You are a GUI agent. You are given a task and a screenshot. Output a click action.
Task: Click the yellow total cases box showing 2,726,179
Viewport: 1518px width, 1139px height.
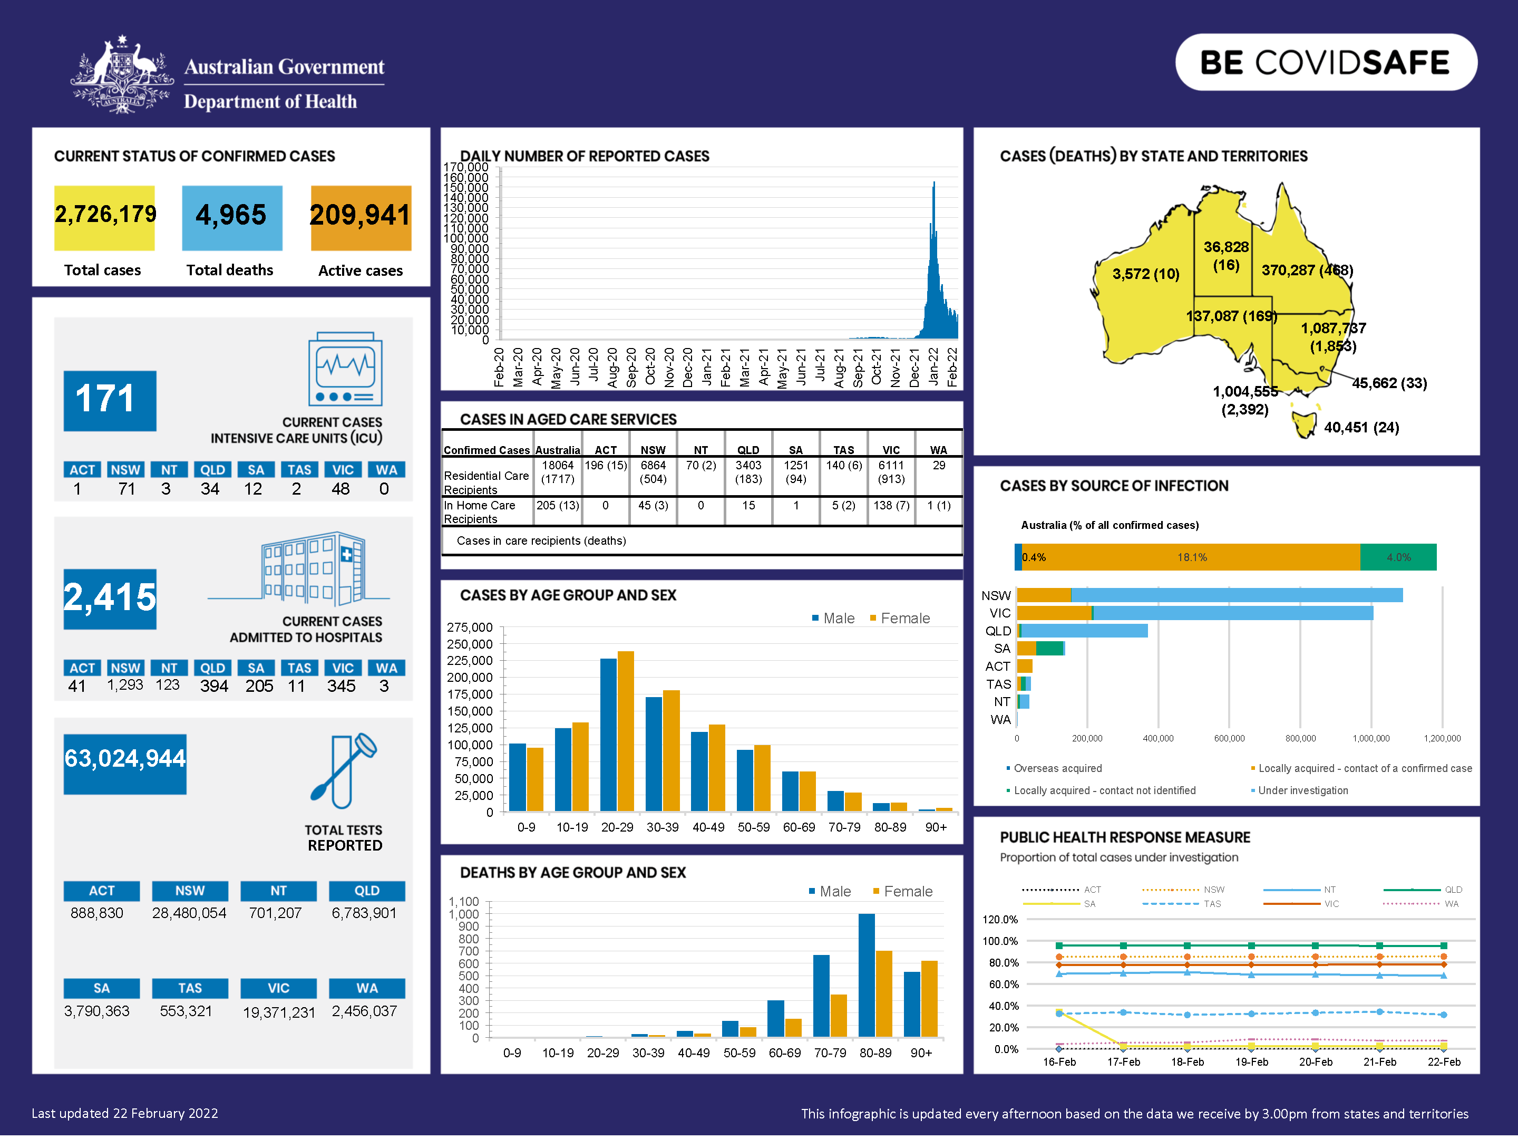point(104,218)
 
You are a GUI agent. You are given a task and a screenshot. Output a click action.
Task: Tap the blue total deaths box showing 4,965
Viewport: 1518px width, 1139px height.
point(232,218)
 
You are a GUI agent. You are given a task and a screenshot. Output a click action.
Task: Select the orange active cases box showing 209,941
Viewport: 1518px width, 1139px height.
point(361,218)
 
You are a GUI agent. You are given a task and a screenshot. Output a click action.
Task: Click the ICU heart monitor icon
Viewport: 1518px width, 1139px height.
point(345,369)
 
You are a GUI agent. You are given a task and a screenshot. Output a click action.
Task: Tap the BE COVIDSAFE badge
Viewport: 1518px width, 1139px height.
point(1325,62)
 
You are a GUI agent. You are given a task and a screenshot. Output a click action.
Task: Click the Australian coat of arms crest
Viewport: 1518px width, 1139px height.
point(122,75)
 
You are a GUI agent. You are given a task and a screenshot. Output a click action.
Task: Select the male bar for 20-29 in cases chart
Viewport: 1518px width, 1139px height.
point(608,735)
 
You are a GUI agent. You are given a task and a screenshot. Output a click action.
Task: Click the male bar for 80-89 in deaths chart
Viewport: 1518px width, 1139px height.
point(867,975)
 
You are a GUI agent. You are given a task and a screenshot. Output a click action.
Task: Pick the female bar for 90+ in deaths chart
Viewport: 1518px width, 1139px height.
point(929,998)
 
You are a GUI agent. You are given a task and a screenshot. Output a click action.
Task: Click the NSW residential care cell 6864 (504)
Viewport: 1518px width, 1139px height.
point(653,472)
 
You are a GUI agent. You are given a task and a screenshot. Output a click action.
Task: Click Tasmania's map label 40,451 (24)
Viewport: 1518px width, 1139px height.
point(1361,428)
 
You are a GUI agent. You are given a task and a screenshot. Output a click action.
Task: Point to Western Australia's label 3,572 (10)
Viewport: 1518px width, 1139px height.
point(1145,274)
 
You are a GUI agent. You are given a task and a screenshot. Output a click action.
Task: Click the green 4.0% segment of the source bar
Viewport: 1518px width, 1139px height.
point(1398,557)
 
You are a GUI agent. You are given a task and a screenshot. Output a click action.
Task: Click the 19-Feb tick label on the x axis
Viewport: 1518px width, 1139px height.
point(1251,1062)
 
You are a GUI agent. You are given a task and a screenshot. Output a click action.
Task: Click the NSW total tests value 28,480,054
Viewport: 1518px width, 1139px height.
point(189,914)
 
